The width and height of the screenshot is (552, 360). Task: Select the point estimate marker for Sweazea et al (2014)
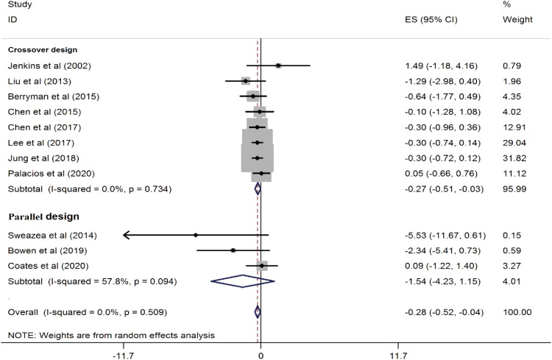click(x=196, y=235)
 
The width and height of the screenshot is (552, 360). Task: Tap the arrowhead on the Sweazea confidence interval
click(x=126, y=235)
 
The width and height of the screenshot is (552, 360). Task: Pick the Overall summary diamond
click(x=257, y=312)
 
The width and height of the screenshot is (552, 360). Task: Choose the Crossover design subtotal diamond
click(x=258, y=188)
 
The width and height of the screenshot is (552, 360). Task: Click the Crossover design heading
click(x=42, y=50)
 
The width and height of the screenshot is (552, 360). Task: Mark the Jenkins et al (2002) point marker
click(x=278, y=66)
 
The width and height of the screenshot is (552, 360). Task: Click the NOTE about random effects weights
click(x=110, y=335)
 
